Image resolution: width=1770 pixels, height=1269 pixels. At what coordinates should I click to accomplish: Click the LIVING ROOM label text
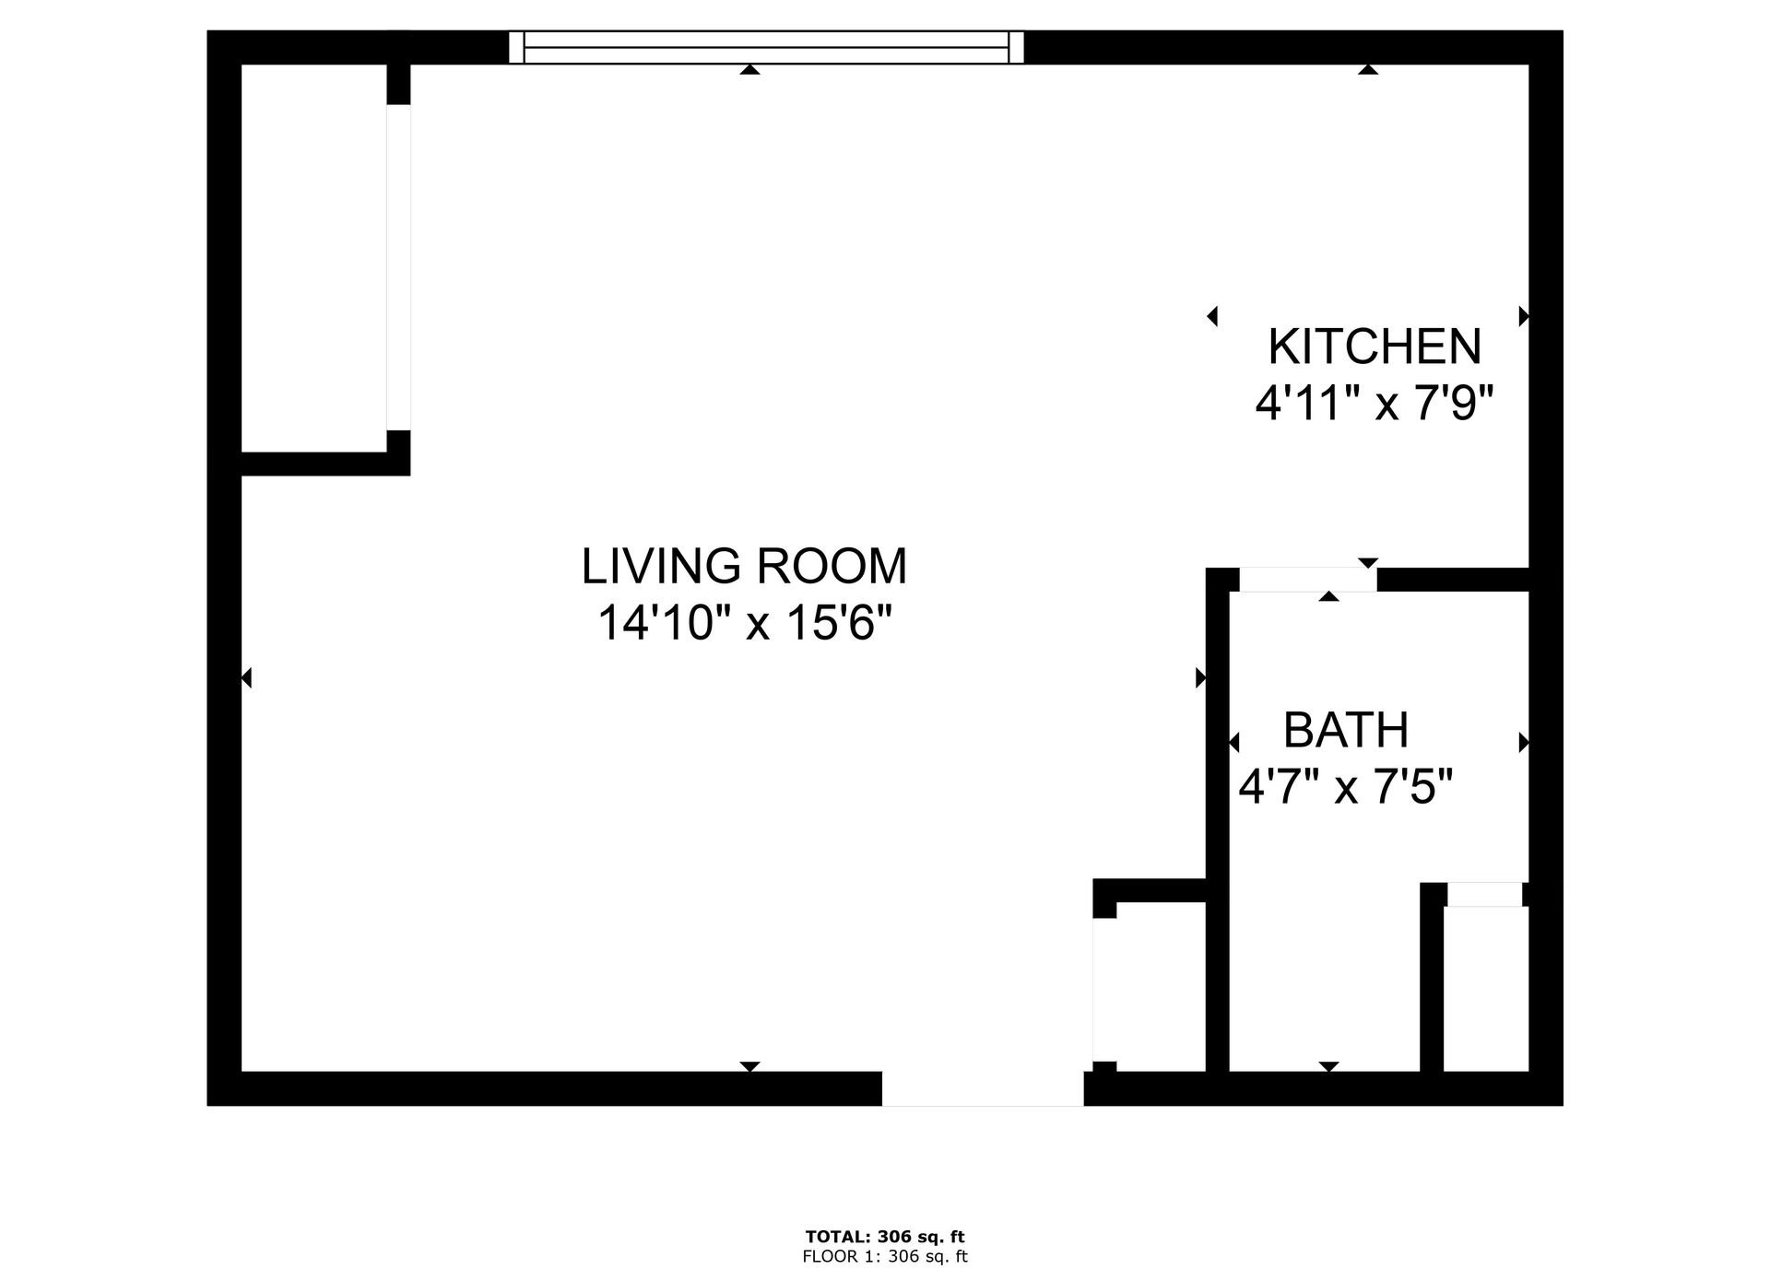tap(744, 566)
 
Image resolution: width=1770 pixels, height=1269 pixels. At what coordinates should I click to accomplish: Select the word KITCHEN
tap(1375, 347)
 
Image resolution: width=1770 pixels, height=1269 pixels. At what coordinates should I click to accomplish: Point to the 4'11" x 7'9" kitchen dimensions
tap(1374, 403)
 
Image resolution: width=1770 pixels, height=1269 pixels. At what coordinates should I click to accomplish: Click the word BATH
tap(1346, 731)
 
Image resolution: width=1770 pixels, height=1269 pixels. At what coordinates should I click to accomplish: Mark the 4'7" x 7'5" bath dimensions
tap(1345, 788)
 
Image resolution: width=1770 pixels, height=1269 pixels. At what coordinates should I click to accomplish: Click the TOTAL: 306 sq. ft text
tap(884, 1237)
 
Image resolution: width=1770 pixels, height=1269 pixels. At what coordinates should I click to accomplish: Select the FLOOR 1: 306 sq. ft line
tap(884, 1256)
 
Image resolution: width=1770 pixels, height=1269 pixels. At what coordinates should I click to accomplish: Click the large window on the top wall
tap(766, 47)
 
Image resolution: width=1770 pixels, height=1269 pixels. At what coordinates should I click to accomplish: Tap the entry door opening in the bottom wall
tap(983, 1088)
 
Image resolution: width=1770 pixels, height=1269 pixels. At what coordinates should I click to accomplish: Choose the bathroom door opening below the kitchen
tap(1306, 580)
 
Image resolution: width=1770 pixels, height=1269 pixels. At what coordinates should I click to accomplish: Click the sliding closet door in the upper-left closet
tap(398, 267)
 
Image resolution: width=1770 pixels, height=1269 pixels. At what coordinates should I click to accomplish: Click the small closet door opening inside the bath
tap(1484, 894)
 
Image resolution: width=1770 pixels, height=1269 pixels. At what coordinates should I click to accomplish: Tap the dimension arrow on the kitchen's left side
tap(1212, 316)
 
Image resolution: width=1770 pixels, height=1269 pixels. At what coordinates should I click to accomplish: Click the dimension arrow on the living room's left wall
tap(246, 678)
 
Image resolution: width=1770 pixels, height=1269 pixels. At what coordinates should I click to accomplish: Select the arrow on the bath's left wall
tap(1234, 742)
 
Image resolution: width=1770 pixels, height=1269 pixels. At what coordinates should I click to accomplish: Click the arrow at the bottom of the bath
tap(1328, 1066)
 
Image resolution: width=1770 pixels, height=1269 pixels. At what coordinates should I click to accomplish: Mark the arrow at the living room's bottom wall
tap(750, 1066)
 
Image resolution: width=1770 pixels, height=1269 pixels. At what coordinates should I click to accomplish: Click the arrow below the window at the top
tap(750, 69)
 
